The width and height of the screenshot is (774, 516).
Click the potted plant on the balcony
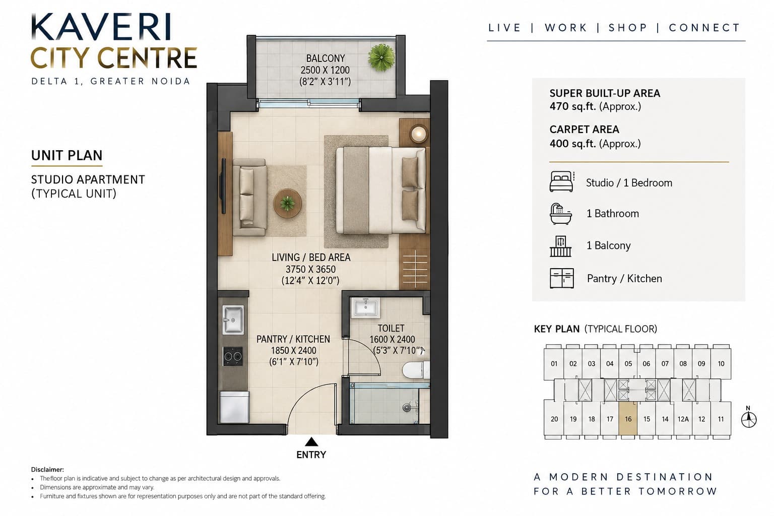(x=381, y=57)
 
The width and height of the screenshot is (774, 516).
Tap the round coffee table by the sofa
(x=288, y=203)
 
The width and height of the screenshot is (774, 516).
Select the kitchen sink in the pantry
(x=233, y=319)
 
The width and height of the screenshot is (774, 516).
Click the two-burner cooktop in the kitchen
(x=232, y=356)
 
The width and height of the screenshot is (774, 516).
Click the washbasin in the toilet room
(x=365, y=307)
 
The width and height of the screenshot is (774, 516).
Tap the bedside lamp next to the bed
(x=419, y=134)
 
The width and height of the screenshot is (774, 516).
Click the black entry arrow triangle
(x=311, y=442)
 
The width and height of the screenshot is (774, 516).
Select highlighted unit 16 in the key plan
(x=628, y=419)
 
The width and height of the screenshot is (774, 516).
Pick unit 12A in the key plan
(x=683, y=419)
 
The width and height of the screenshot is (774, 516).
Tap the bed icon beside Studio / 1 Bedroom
(x=562, y=181)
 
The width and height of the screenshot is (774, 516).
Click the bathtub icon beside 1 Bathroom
(x=560, y=214)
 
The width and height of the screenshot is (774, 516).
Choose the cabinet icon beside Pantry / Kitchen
(x=562, y=278)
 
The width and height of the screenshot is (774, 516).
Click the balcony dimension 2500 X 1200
(x=325, y=70)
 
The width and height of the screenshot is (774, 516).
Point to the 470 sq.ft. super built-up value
(x=573, y=106)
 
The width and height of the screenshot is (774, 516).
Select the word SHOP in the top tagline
(x=628, y=28)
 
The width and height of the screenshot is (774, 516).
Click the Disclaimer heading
(x=47, y=469)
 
